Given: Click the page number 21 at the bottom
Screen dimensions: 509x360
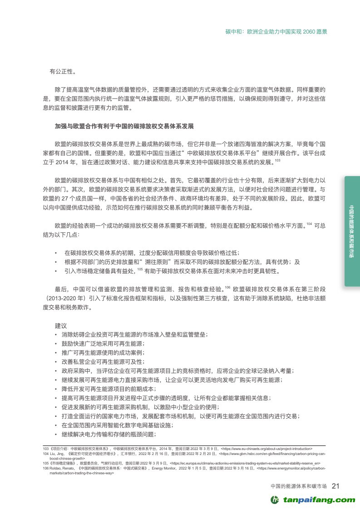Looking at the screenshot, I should [336, 486].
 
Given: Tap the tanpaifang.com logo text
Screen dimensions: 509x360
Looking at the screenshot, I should [320, 499].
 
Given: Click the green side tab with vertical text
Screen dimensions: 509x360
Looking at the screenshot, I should [352, 231].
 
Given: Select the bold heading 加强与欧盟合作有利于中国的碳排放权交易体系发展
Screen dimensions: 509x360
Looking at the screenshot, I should [126, 125].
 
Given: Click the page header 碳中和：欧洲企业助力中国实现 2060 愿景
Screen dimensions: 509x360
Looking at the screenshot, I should [276, 32].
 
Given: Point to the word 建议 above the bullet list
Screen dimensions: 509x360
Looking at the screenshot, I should [61, 326].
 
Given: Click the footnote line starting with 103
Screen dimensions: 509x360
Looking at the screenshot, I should [177, 448].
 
